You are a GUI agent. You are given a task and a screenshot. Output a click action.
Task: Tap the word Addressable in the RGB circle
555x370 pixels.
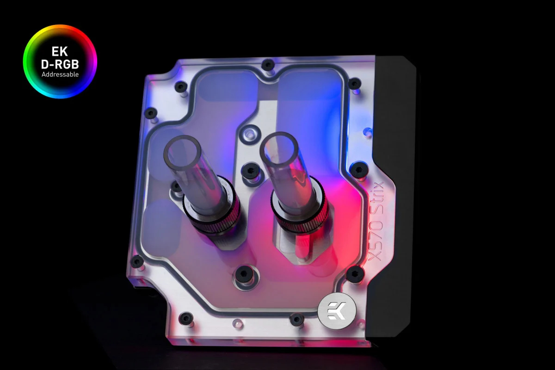(x=60, y=74)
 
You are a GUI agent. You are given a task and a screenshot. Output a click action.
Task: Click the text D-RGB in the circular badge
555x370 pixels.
(x=60, y=64)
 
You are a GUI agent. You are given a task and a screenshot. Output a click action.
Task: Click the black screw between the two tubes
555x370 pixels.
(x=250, y=171)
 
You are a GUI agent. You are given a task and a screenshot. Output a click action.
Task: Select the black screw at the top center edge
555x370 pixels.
(x=268, y=65)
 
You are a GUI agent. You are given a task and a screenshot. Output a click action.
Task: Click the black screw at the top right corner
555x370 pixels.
(x=354, y=84)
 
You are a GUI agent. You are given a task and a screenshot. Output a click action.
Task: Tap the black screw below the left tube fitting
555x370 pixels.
(x=243, y=275)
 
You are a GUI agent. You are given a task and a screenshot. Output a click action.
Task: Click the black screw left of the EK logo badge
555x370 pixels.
(x=296, y=319)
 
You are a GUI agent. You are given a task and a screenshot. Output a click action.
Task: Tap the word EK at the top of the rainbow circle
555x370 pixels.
(x=60, y=51)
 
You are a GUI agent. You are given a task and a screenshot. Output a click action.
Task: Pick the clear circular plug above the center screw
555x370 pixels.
(x=250, y=135)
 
